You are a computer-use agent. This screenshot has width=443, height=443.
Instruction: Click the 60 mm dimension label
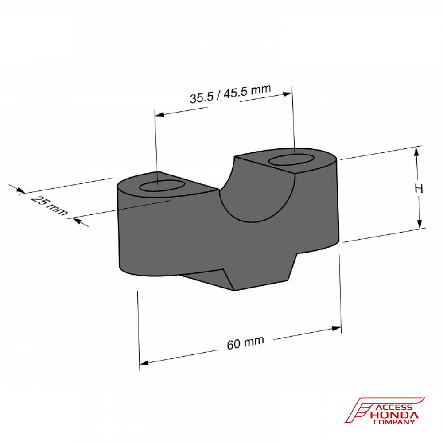click(x=245, y=343)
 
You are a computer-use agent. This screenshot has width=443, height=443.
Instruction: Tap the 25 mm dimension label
click(x=50, y=206)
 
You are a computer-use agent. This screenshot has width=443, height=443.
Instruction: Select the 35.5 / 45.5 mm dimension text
click(x=230, y=94)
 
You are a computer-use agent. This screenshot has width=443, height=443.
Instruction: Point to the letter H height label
click(x=419, y=188)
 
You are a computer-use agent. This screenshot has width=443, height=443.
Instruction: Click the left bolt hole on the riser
click(x=162, y=186)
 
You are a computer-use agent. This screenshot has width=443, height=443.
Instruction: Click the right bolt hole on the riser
click(x=291, y=160)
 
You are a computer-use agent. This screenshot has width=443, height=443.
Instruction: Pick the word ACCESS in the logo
click(x=394, y=408)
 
